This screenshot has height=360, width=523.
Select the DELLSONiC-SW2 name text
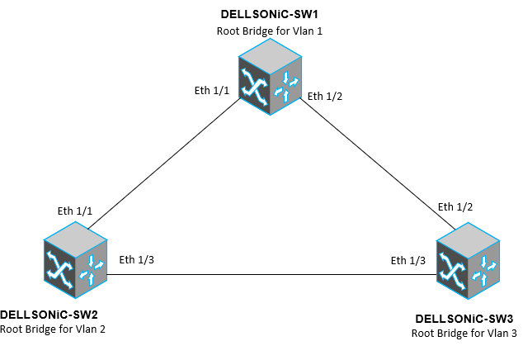[49, 314]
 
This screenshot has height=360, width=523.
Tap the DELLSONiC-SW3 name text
[464, 319]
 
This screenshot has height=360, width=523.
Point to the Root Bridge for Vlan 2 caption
[53, 328]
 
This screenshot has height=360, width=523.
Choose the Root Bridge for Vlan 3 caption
[464, 333]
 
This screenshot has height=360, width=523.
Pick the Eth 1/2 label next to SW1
[325, 96]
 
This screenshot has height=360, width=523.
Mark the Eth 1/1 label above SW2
[77, 211]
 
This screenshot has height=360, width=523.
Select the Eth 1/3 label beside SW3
[408, 260]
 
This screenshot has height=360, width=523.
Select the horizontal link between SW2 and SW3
[272, 274]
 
